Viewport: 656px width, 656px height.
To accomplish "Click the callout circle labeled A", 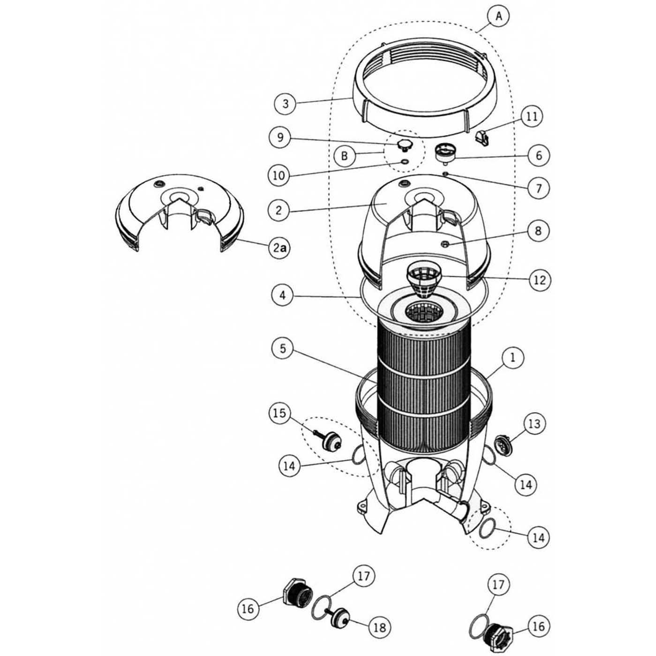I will tap(499, 16).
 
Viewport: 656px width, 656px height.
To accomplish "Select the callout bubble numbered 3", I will tap(286, 103).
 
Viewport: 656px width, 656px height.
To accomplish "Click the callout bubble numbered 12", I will tap(539, 280).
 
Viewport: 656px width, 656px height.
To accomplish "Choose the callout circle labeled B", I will tap(344, 156).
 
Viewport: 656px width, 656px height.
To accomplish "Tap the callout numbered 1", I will tap(513, 357).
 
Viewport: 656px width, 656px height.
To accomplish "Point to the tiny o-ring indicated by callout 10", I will tap(404, 162).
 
